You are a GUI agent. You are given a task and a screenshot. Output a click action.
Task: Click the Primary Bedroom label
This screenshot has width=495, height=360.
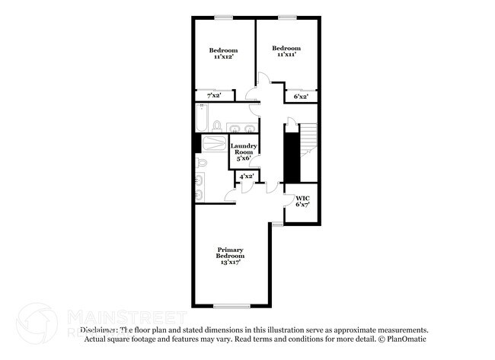229,253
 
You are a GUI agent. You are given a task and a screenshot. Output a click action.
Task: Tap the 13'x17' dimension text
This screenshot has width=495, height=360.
229,262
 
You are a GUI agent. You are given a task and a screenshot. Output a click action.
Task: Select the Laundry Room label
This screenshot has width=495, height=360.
244,148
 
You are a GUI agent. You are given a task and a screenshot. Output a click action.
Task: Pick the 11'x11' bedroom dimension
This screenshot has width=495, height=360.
286,54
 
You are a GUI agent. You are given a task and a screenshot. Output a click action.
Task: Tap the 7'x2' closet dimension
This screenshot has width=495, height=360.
215,96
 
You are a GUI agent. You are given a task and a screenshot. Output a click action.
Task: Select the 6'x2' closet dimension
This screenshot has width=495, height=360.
301,97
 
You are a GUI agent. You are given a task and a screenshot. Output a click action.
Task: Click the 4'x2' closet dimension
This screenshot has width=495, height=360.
246,177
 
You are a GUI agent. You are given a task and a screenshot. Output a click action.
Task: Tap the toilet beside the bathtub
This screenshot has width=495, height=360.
218,126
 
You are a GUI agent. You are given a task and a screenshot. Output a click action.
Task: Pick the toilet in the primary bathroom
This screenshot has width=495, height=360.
202,163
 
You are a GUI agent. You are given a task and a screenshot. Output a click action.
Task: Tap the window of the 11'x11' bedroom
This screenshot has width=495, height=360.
286,18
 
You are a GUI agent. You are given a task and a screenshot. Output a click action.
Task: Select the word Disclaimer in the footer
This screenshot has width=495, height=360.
99,330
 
